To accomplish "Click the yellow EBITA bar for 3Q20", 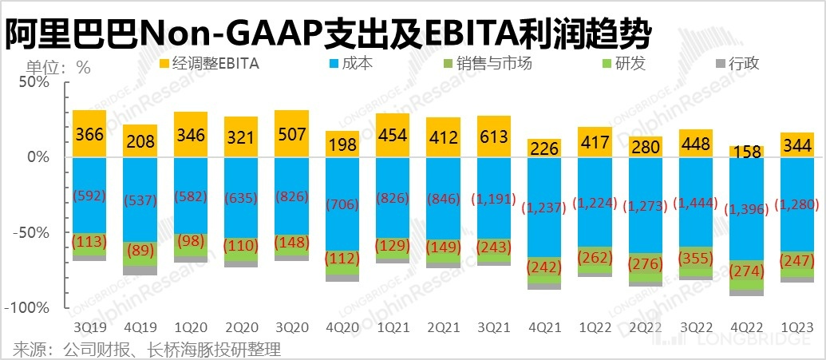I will click(x=291, y=133).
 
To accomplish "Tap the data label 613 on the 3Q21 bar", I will click(x=493, y=136).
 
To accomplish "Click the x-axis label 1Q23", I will click(x=796, y=327).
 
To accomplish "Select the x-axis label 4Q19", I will click(x=140, y=327).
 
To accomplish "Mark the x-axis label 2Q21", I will click(x=443, y=327).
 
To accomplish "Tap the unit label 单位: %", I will click(x=47, y=67).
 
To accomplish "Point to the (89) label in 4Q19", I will click(x=140, y=252).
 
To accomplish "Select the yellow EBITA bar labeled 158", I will click(x=746, y=152).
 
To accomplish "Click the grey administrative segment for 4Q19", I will click(x=140, y=271).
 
